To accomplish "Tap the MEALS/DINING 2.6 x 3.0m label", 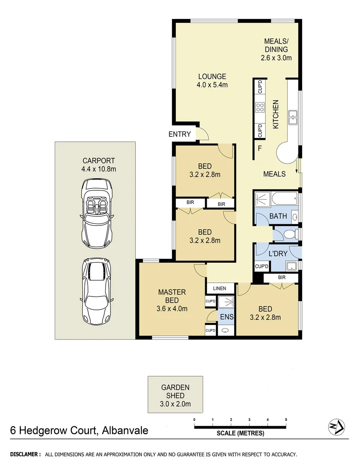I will pos(276,49).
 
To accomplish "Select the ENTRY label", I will pos(179,134).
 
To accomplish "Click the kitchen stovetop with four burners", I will pos(260,107).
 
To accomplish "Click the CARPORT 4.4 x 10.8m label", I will pos(99,165).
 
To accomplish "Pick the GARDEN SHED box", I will pos(175,395).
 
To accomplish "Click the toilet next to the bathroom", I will pos(289,234).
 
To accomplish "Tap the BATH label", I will pos(278,216).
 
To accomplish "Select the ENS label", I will pos(227,317).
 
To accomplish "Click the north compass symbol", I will pos(336,427).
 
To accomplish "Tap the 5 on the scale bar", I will pos(286,419).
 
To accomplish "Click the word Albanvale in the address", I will pos(125,430).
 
